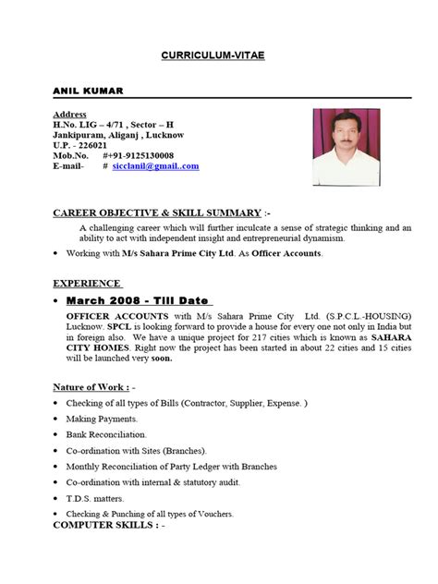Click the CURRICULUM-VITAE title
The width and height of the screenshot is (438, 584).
coord(218,55)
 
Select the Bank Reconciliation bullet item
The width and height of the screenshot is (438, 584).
coord(106,433)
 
